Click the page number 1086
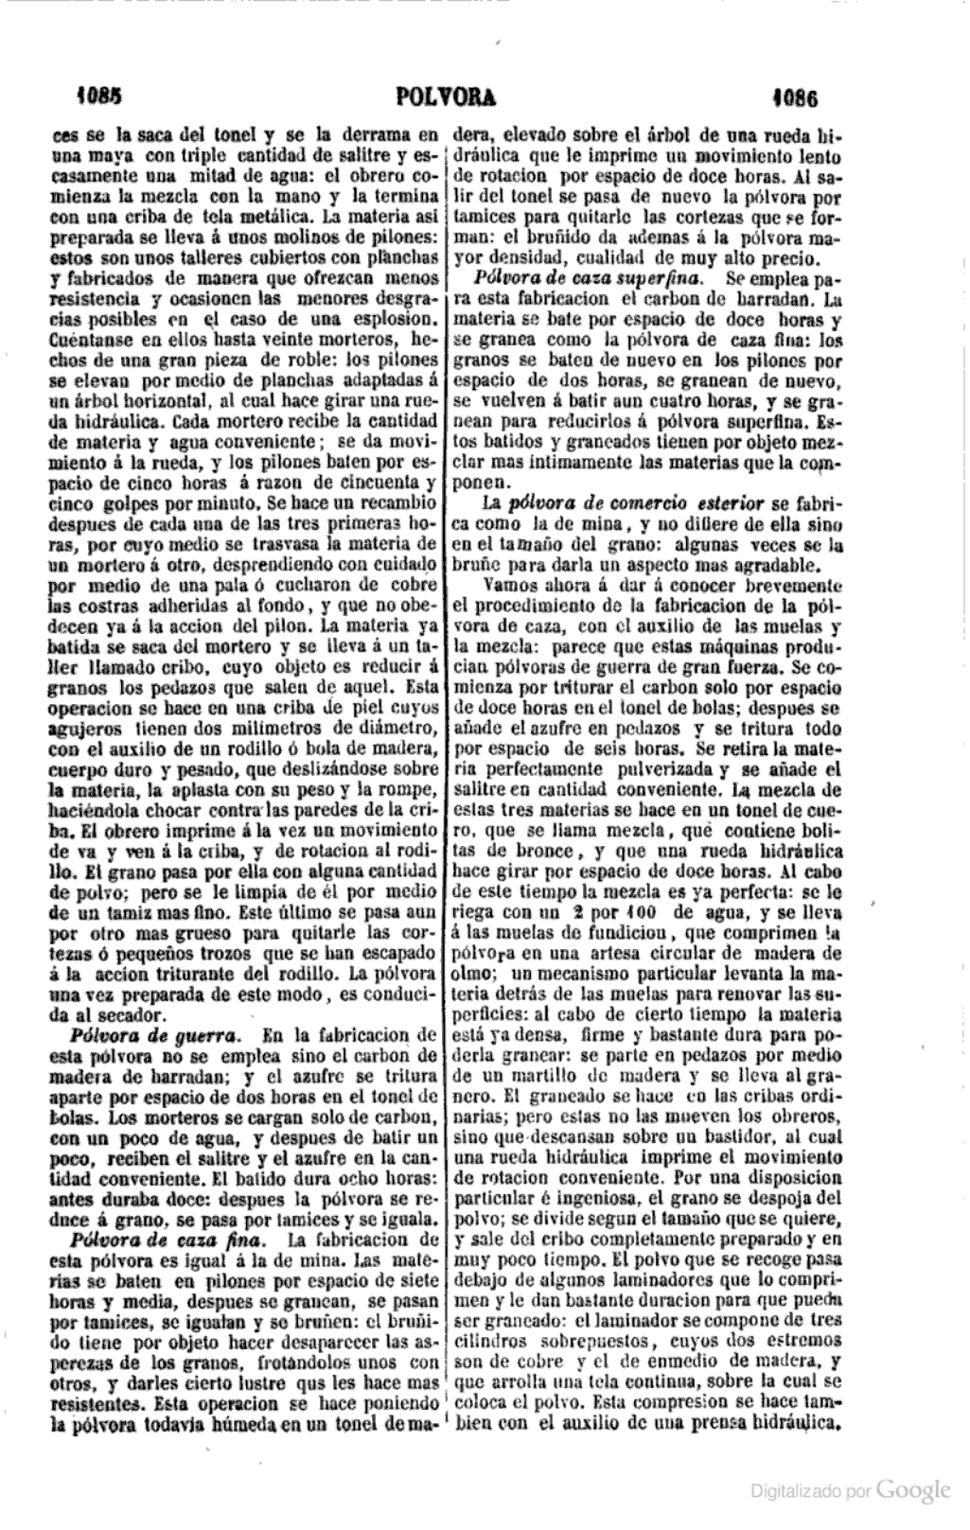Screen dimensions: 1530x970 (794, 97)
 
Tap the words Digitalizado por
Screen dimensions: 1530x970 (810, 1493)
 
